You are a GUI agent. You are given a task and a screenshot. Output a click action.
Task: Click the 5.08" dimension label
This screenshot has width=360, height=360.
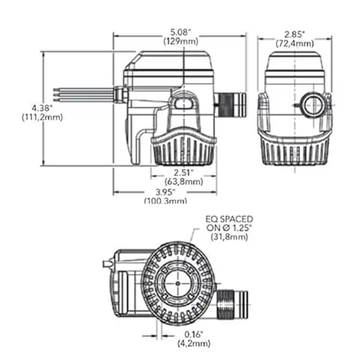(180, 32)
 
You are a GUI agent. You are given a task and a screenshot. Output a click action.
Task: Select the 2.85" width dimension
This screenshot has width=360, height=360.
(295, 35)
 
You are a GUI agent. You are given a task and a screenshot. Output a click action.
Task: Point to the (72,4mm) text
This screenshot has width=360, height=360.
(295, 43)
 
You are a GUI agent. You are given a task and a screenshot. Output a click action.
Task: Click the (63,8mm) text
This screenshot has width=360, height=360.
(184, 182)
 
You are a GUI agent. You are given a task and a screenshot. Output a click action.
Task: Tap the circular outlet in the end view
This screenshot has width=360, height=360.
(312, 106)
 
